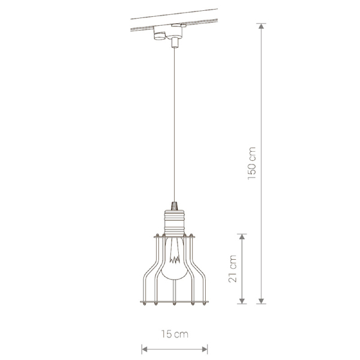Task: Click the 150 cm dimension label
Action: click(x=252, y=163)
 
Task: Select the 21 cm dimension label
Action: click(x=233, y=269)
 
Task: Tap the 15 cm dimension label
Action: click(x=175, y=334)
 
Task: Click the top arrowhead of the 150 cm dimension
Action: click(x=261, y=26)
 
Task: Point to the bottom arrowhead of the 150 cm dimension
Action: click(x=261, y=301)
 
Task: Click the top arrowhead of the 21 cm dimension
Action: click(x=242, y=237)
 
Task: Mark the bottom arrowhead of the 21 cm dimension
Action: click(x=242, y=301)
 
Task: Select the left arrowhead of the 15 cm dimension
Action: click(x=145, y=349)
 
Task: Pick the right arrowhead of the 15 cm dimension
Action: click(x=205, y=349)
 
